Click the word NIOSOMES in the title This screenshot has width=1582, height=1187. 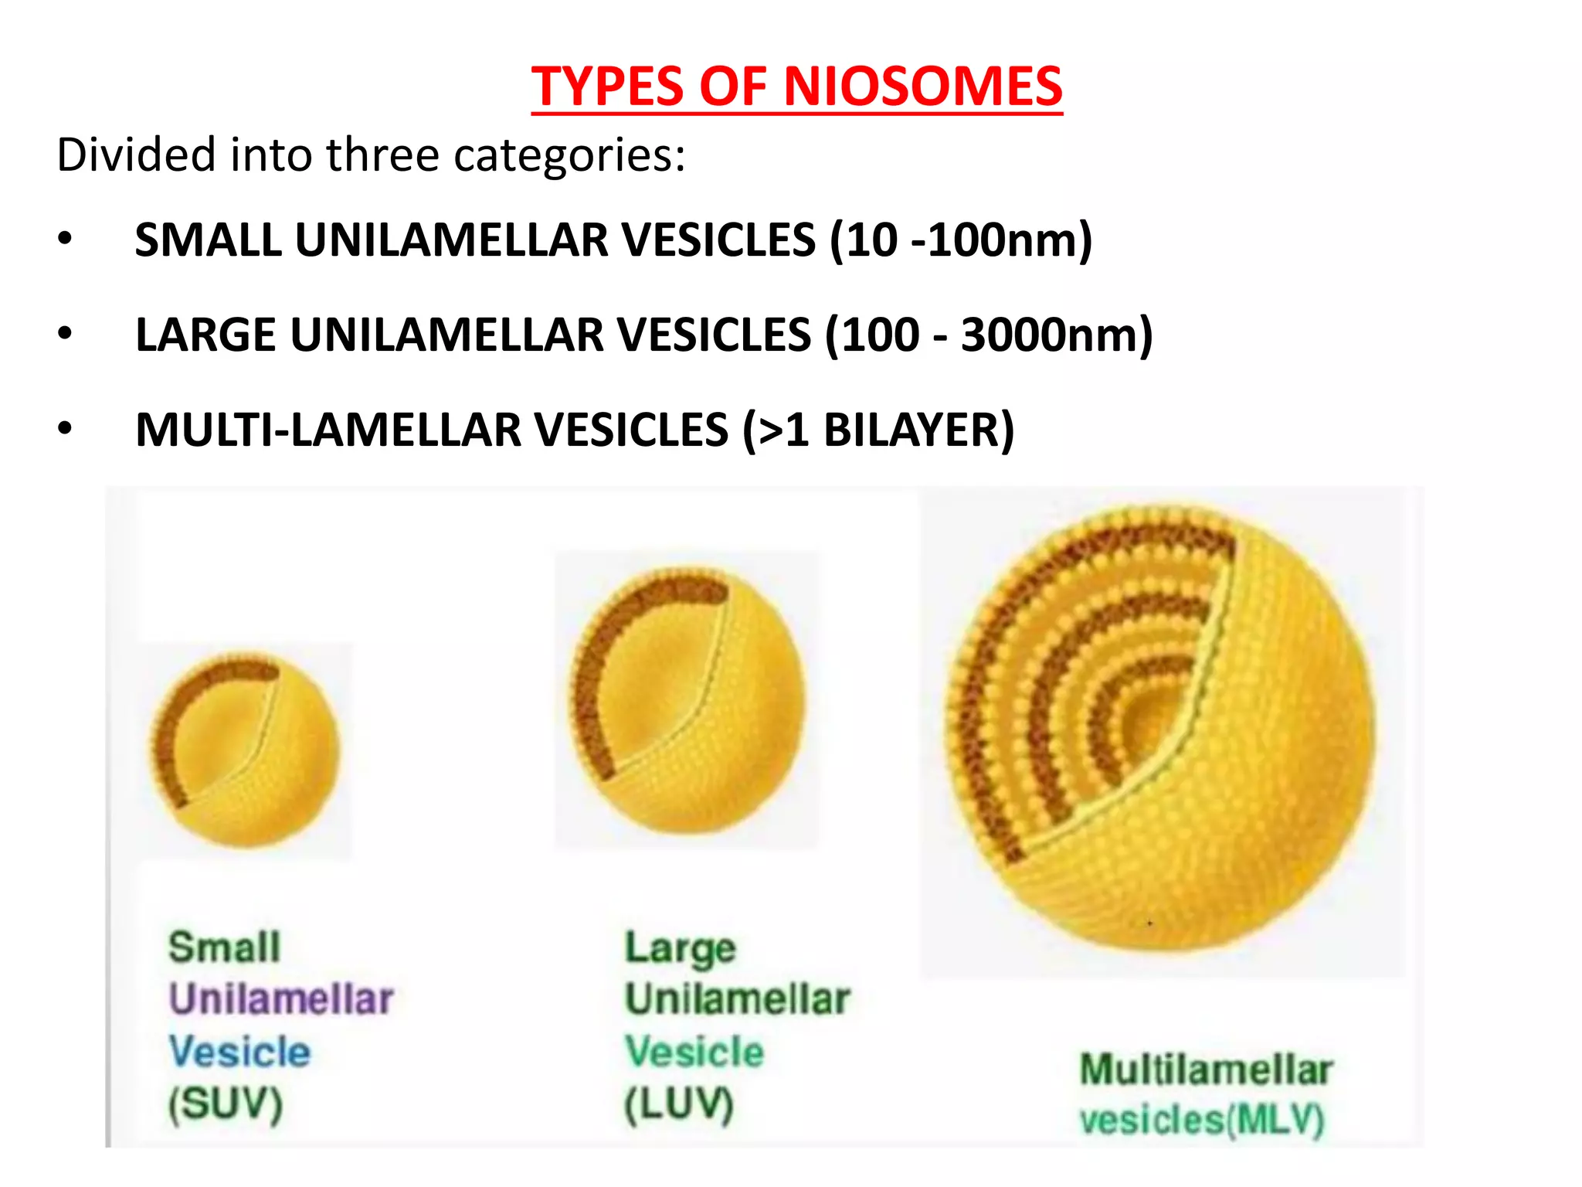923,86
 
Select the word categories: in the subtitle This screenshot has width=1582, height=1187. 569,155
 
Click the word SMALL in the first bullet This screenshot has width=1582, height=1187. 208,240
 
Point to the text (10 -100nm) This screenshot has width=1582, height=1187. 961,240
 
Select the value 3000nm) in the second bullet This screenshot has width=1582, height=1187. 1056,335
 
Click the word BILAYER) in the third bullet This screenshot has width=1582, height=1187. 918,430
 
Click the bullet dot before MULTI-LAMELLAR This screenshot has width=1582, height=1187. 65,428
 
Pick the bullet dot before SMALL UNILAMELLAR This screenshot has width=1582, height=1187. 65,239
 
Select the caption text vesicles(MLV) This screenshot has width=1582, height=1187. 1202,1120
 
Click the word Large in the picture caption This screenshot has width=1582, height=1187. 680,949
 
